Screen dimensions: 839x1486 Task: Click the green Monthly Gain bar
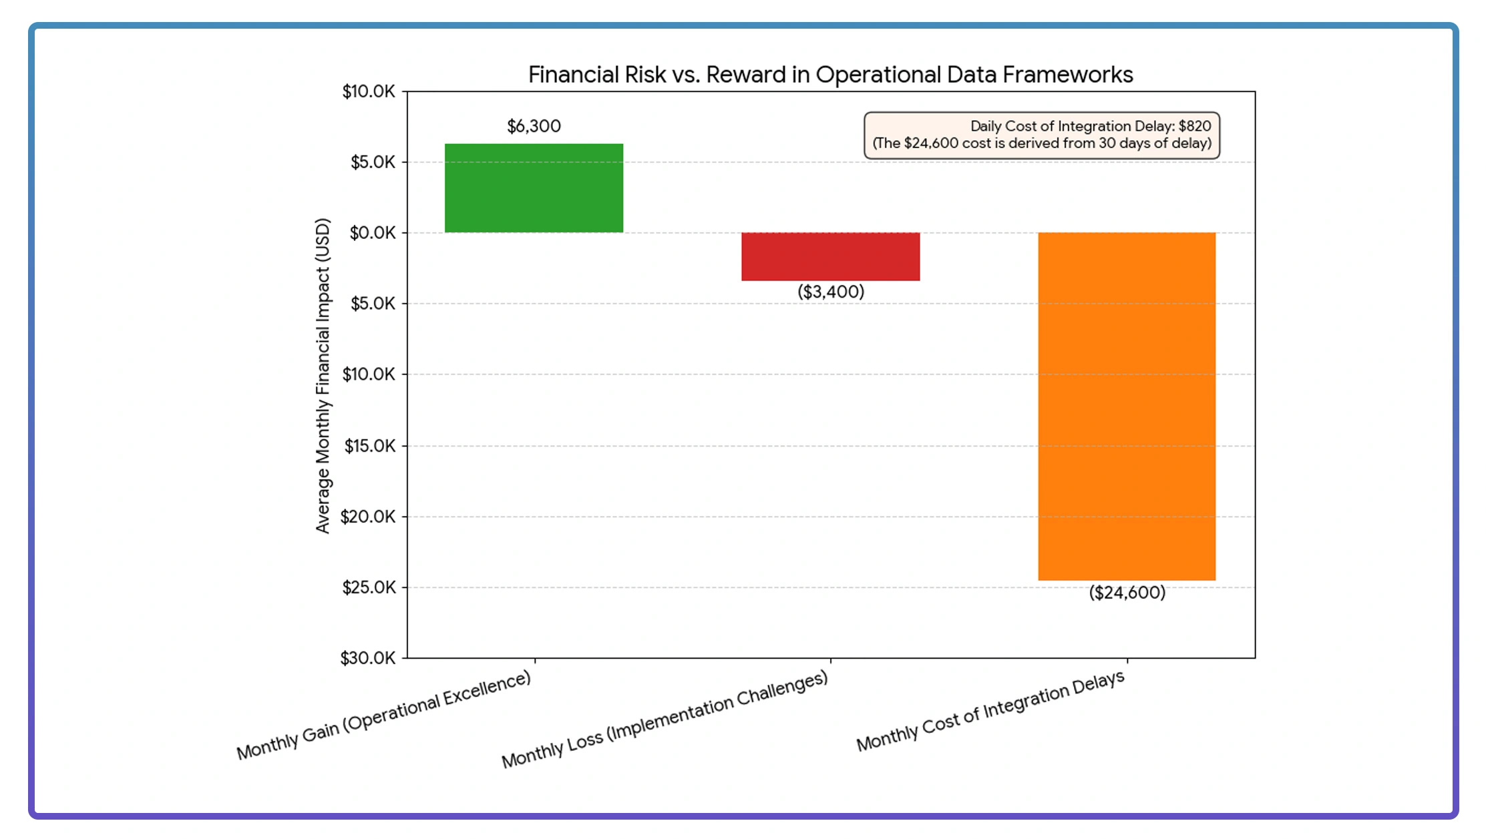pos(534,188)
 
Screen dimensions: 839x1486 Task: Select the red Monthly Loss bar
pos(830,256)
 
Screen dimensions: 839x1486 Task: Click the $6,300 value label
pos(534,126)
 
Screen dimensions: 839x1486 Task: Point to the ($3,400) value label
pos(831,292)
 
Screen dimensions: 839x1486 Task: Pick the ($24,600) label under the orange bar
pos(1127,593)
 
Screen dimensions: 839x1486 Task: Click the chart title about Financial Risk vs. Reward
pos(830,75)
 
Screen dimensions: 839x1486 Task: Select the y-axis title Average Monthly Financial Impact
pos(323,375)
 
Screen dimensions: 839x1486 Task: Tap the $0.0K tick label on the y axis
pos(373,233)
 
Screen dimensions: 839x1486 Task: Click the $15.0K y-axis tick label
pos(369,446)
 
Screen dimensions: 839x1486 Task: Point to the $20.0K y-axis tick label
pos(368,517)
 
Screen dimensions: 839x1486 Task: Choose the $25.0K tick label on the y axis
pos(369,587)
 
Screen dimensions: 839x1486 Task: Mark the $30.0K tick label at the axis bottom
pos(368,658)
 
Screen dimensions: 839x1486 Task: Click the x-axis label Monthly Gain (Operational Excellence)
pos(384,716)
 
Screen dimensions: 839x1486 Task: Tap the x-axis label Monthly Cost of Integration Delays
pos(990,712)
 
